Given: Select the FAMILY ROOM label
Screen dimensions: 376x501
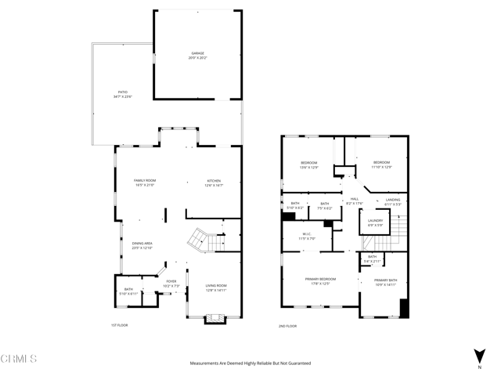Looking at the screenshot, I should [x=144, y=183].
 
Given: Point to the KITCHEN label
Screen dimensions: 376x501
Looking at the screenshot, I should [x=214, y=183].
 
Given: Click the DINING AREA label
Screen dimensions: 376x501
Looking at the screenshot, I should [x=142, y=245].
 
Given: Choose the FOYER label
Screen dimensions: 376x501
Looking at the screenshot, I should [x=171, y=284].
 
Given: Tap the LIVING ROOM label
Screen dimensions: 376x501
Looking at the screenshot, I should [x=215, y=287].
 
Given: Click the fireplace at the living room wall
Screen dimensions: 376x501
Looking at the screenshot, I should [x=214, y=319].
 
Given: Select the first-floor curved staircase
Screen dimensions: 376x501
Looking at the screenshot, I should [x=200, y=240].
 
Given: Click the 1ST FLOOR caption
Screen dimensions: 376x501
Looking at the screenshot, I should [x=118, y=325].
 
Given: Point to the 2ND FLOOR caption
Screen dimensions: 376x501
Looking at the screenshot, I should [x=288, y=325].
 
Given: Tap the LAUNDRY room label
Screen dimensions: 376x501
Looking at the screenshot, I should [x=376, y=223].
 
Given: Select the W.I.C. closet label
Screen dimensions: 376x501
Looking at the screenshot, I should [x=308, y=236].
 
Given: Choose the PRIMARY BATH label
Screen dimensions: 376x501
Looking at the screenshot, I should [x=385, y=282].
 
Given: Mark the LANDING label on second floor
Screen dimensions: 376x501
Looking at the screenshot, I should [x=393, y=201].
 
